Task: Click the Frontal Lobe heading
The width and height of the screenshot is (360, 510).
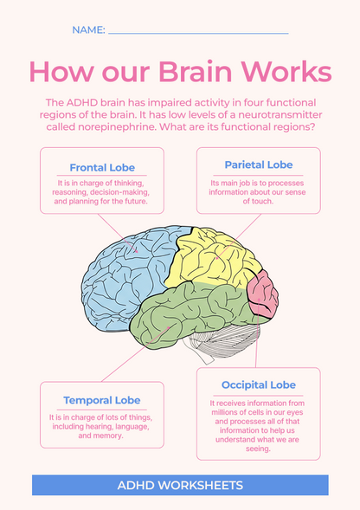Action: [x=101, y=168]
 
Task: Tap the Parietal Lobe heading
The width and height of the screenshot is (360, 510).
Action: [x=258, y=165]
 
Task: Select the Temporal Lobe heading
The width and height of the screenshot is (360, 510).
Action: [x=101, y=400]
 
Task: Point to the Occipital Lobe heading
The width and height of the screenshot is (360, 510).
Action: [x=258, y=384]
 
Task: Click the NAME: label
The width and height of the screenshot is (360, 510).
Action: [x=88, y=30]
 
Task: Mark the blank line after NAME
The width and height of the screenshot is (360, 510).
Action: [x=198, y=32]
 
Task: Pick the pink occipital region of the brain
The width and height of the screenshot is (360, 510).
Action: [x=262, y=294]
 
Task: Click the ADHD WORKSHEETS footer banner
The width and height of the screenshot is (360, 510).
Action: [x=180, y=486]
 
